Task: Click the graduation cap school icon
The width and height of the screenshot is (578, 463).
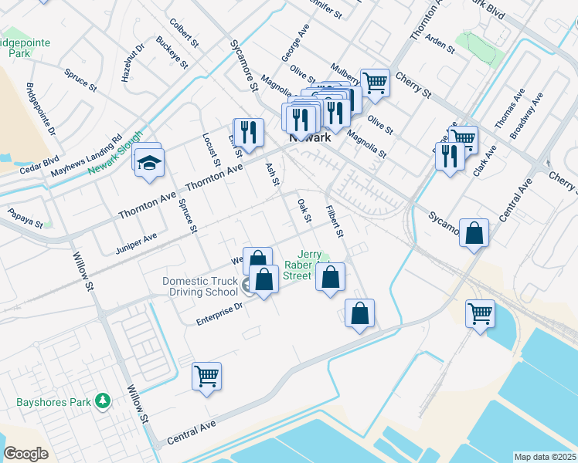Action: (148, 162)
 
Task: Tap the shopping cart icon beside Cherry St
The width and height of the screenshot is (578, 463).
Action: (375, 82)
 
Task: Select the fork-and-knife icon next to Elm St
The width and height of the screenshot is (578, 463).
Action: (249, 131)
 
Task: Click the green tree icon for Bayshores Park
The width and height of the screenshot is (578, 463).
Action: (101, 400)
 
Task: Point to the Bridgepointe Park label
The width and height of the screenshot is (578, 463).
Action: (25, 47)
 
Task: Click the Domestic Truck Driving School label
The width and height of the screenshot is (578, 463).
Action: (200, 286)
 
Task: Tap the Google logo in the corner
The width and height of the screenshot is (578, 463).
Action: (26, 454)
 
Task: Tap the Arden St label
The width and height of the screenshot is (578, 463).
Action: (440, 44)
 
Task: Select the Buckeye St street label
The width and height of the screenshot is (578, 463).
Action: (172, 52)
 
